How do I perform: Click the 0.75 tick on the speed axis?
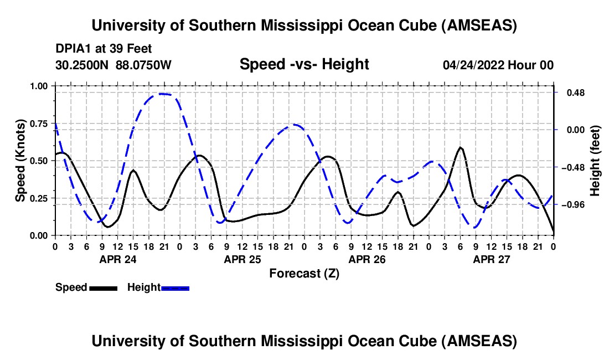coord(39,123)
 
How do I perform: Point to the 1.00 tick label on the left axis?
coord(39,86)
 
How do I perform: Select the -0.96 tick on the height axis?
coord(572,205)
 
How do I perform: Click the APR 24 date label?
coord(117,259)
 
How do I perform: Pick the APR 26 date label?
coord(367,259)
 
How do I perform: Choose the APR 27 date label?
coord(491,259)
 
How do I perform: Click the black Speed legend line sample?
coord(103,287)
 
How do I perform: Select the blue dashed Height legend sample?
coord(176,287)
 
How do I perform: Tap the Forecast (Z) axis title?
coord(304,273)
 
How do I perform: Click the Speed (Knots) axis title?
coord(20,161)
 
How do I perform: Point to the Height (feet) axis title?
coord(595,161)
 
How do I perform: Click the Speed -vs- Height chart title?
coord(304,64)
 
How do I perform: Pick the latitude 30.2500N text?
coord(83,65)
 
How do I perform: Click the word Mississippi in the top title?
coord(298,25)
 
